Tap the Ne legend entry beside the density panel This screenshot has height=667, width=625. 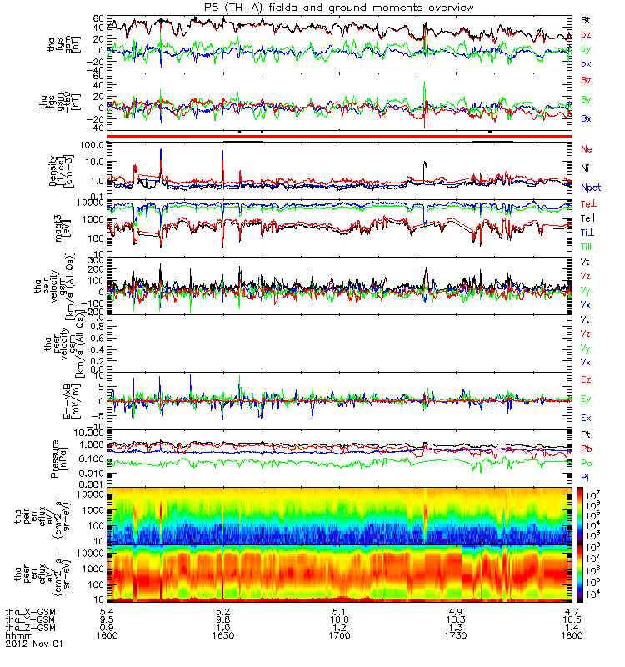pos(587,148)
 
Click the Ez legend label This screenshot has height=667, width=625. pos(586,379)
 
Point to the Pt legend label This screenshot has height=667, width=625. pos(586,435)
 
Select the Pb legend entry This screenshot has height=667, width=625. pos(587,449)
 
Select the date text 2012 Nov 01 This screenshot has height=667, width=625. pos(34,644)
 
